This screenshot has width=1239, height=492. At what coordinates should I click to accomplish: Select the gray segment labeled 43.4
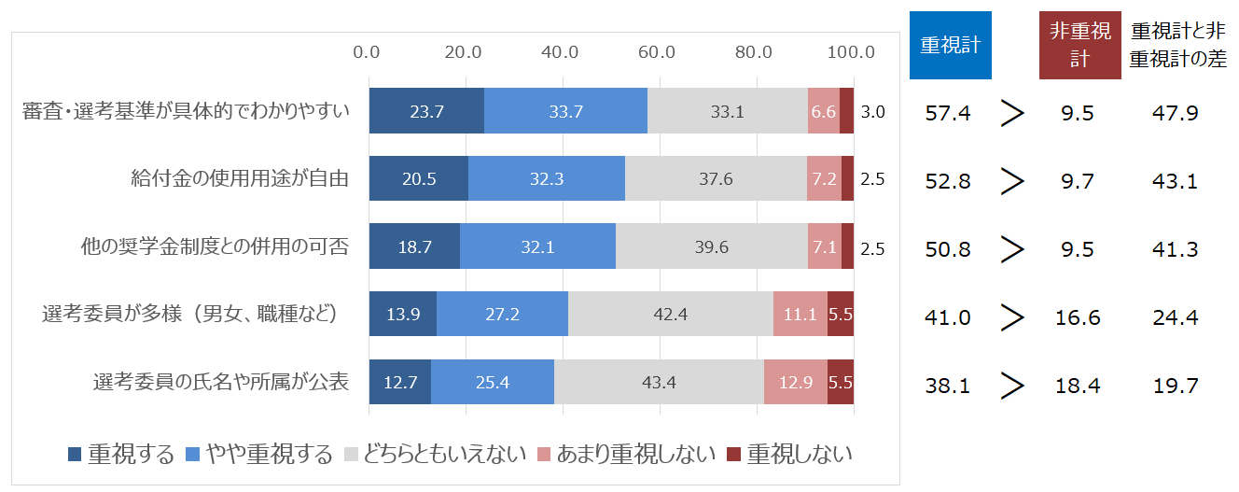tap(659, 382)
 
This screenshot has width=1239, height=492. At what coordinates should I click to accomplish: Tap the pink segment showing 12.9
tap(795, 382)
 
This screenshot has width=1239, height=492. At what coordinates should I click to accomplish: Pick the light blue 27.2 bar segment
tap(502, 315)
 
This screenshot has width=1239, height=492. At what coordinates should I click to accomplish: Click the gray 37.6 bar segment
tap(716, 179)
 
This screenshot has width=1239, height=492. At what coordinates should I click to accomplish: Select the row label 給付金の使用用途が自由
tap(241, 179)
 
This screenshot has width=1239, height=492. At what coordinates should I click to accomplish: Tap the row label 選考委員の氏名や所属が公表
tap(221, 382)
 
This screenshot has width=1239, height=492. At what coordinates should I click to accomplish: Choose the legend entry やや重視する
tap(260, 455)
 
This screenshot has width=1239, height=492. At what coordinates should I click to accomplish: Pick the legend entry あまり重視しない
tap(625, 455)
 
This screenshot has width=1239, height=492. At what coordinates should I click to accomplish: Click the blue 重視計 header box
tap(949, 44)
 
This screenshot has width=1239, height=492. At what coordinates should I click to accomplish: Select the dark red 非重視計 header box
tap(1079, 44)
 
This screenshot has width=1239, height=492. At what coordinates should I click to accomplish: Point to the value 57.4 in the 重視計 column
tap(948, 113)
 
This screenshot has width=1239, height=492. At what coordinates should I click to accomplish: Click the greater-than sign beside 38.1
tap(1012, 385)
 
